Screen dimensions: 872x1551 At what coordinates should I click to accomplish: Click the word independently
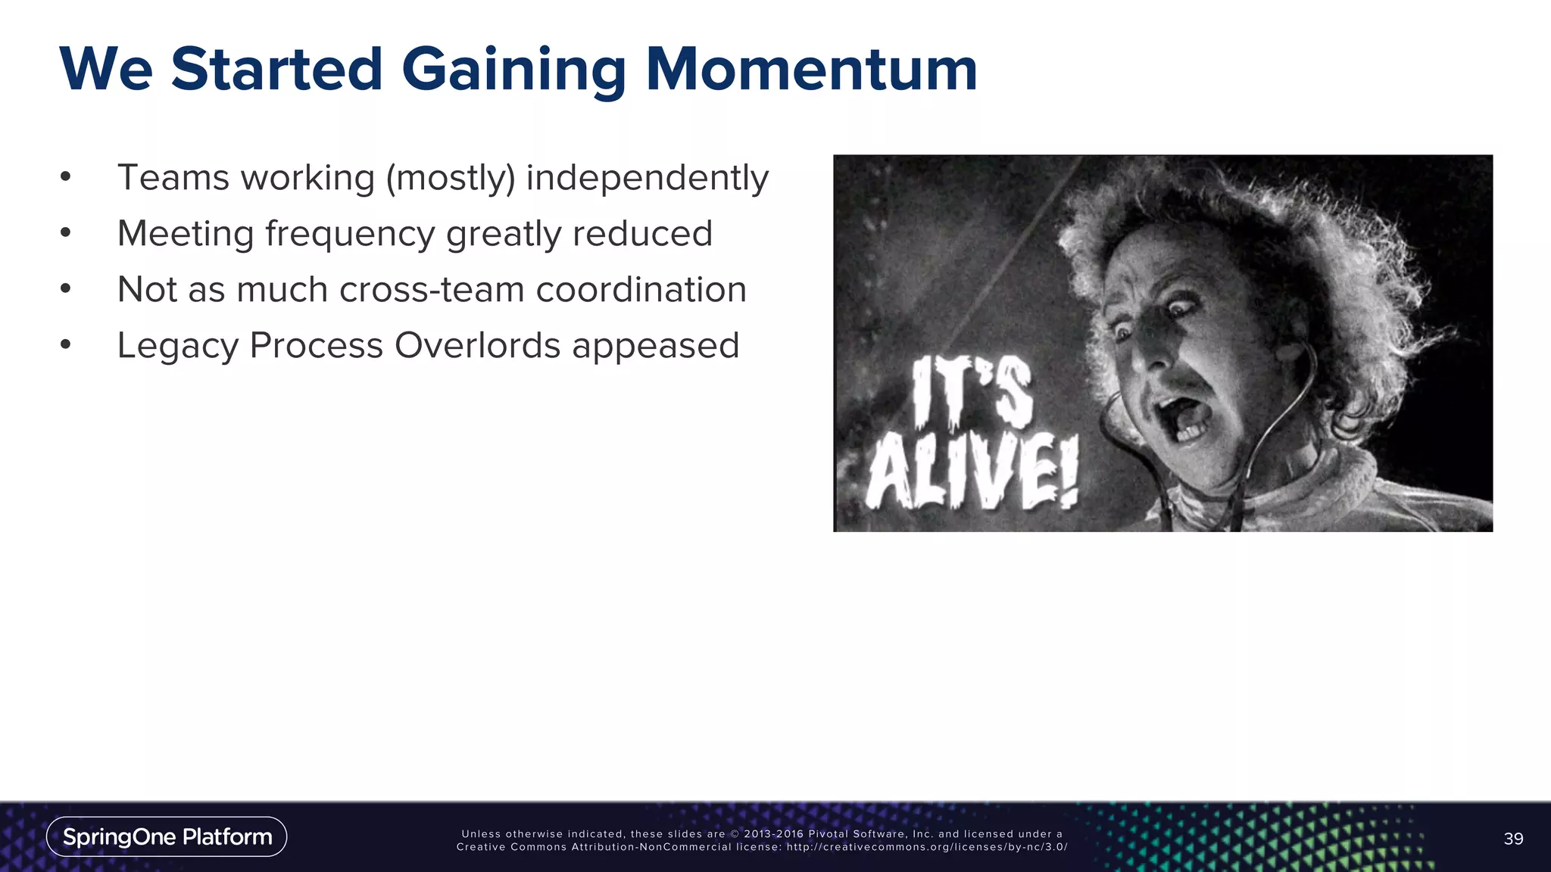[x=648, y=179]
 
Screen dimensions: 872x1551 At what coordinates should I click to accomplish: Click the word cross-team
[x=432, y=290]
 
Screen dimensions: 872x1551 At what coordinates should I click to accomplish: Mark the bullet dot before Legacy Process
[x=66, y=345]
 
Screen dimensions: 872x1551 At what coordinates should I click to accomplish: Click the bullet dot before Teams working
[x=66, y=177]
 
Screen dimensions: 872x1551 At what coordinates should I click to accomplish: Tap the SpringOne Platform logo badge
[x=167, y=836]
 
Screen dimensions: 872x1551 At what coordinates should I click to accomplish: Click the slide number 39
[x=1513, y=839]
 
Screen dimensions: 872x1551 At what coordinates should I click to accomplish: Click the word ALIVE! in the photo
[x=972, y=472]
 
